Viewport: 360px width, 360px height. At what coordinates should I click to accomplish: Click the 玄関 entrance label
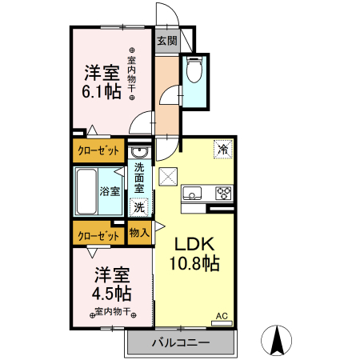pyautogui.click(x=166, y=40)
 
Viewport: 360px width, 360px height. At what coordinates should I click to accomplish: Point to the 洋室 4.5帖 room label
pyautogui.click(x=110, y=282)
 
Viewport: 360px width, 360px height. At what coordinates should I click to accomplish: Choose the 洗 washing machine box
pyautogui.click(x=139, y=207)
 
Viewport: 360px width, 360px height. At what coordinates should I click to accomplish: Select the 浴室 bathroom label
pyautogui.click(x=110, y=191)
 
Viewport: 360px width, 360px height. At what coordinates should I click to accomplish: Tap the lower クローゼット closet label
pyautogui.click(x=98, y=236)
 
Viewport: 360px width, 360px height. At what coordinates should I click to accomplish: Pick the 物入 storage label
pyautogui.click(x=139, y=233)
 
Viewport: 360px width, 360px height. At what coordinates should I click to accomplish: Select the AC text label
pyautogui.click(x=221, y=317)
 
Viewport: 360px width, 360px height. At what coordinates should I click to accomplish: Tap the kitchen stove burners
pyautogui.click(x=223, y=193)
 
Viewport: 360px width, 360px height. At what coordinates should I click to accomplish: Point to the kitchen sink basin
pyautogui.click(x=194, y=193)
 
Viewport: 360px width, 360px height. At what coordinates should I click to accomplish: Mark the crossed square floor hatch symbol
pyautogui.click(x=168, y=176)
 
